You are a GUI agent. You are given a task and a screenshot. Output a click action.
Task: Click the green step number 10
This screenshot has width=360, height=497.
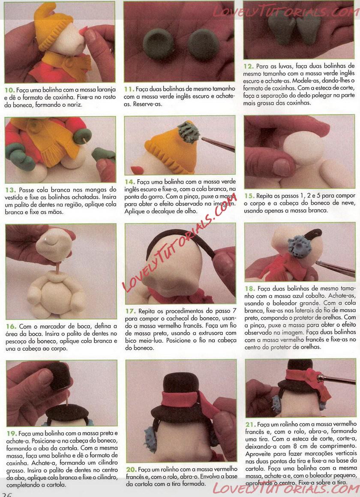point(9,90)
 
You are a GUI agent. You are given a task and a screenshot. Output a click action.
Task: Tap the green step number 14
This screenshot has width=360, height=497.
point(129,182)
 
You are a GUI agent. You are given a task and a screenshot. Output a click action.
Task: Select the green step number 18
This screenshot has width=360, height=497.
point(249,289)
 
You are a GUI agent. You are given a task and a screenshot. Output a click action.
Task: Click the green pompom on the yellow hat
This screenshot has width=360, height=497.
point(189,132)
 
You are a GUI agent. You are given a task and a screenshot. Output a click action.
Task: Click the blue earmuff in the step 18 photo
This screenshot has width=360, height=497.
point(299,247)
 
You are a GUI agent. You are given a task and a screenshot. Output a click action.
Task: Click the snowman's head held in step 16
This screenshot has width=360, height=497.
point(54,245)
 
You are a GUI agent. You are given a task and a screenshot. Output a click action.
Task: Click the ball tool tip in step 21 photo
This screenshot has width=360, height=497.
point(321,377)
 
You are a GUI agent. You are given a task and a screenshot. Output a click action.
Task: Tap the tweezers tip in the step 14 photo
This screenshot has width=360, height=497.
point(203,139)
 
